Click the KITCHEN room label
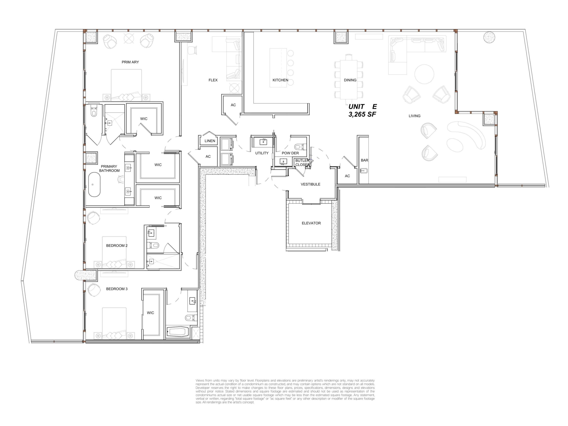280,80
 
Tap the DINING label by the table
350,80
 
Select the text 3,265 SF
362,114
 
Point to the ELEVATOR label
311,223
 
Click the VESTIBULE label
311,184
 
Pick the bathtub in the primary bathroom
94,185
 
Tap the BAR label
364,160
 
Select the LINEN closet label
210,141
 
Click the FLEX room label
213,80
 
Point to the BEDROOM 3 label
117,289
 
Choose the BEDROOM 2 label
117,246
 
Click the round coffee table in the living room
424,74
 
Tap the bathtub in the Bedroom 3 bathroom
178,331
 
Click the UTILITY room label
262,153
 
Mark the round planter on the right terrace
489,37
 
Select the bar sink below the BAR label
364,171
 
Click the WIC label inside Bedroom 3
151,313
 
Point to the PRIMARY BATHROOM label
109,169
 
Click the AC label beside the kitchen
233,105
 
